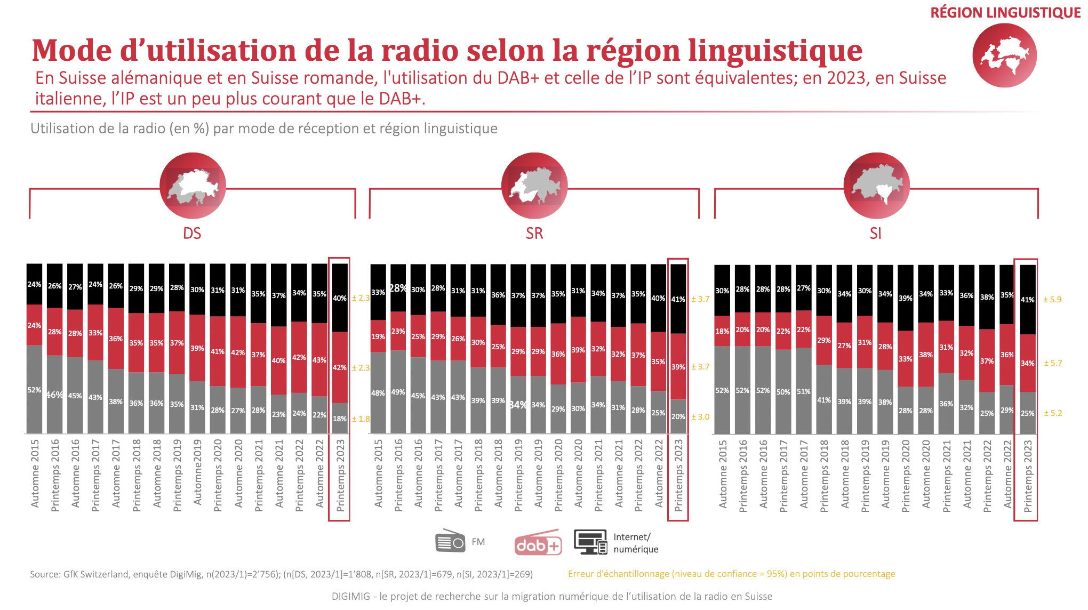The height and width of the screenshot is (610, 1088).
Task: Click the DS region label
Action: pyautogui.click(x=192, y=234)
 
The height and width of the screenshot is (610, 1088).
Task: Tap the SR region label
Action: pyautogui.click(x=534, y=234)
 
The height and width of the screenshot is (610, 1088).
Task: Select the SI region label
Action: pyautogui.click(x=876, y=234)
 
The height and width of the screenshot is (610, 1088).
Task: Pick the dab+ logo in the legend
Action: pyautogui.click(x=538, y=543)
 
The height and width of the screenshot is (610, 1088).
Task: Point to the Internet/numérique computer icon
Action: pyautogui.click(x=590, y=542)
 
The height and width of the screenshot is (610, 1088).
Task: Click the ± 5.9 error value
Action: pyautogui.click(x=1052, y=300)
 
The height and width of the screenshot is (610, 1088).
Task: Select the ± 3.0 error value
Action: pyautogui.click(x=700, y=417)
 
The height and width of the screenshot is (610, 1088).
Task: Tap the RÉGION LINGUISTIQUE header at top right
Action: pyautogui.click(x=1005, y=13)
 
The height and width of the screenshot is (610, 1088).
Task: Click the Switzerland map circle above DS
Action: pyautogui.click(x=193, y=186)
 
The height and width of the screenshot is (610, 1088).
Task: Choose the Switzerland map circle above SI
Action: pyautogui.click(x=877, y=186)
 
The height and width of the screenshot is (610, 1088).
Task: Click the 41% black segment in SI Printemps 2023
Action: pyautogui.click(x=1028, y=300)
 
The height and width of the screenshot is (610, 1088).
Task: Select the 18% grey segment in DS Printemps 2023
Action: pyautogui.click(x=340, y=419)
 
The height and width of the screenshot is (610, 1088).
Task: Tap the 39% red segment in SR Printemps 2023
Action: pyautogui.click(x=678, y=367)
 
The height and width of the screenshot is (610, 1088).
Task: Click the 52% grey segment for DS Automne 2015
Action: pyautogui.click(x=35, y=390)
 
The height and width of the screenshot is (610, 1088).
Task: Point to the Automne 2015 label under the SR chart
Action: pyautogui.click(x=379, y=473)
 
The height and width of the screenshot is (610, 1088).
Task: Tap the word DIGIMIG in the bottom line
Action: pyautogui.click(x=350, y=597)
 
